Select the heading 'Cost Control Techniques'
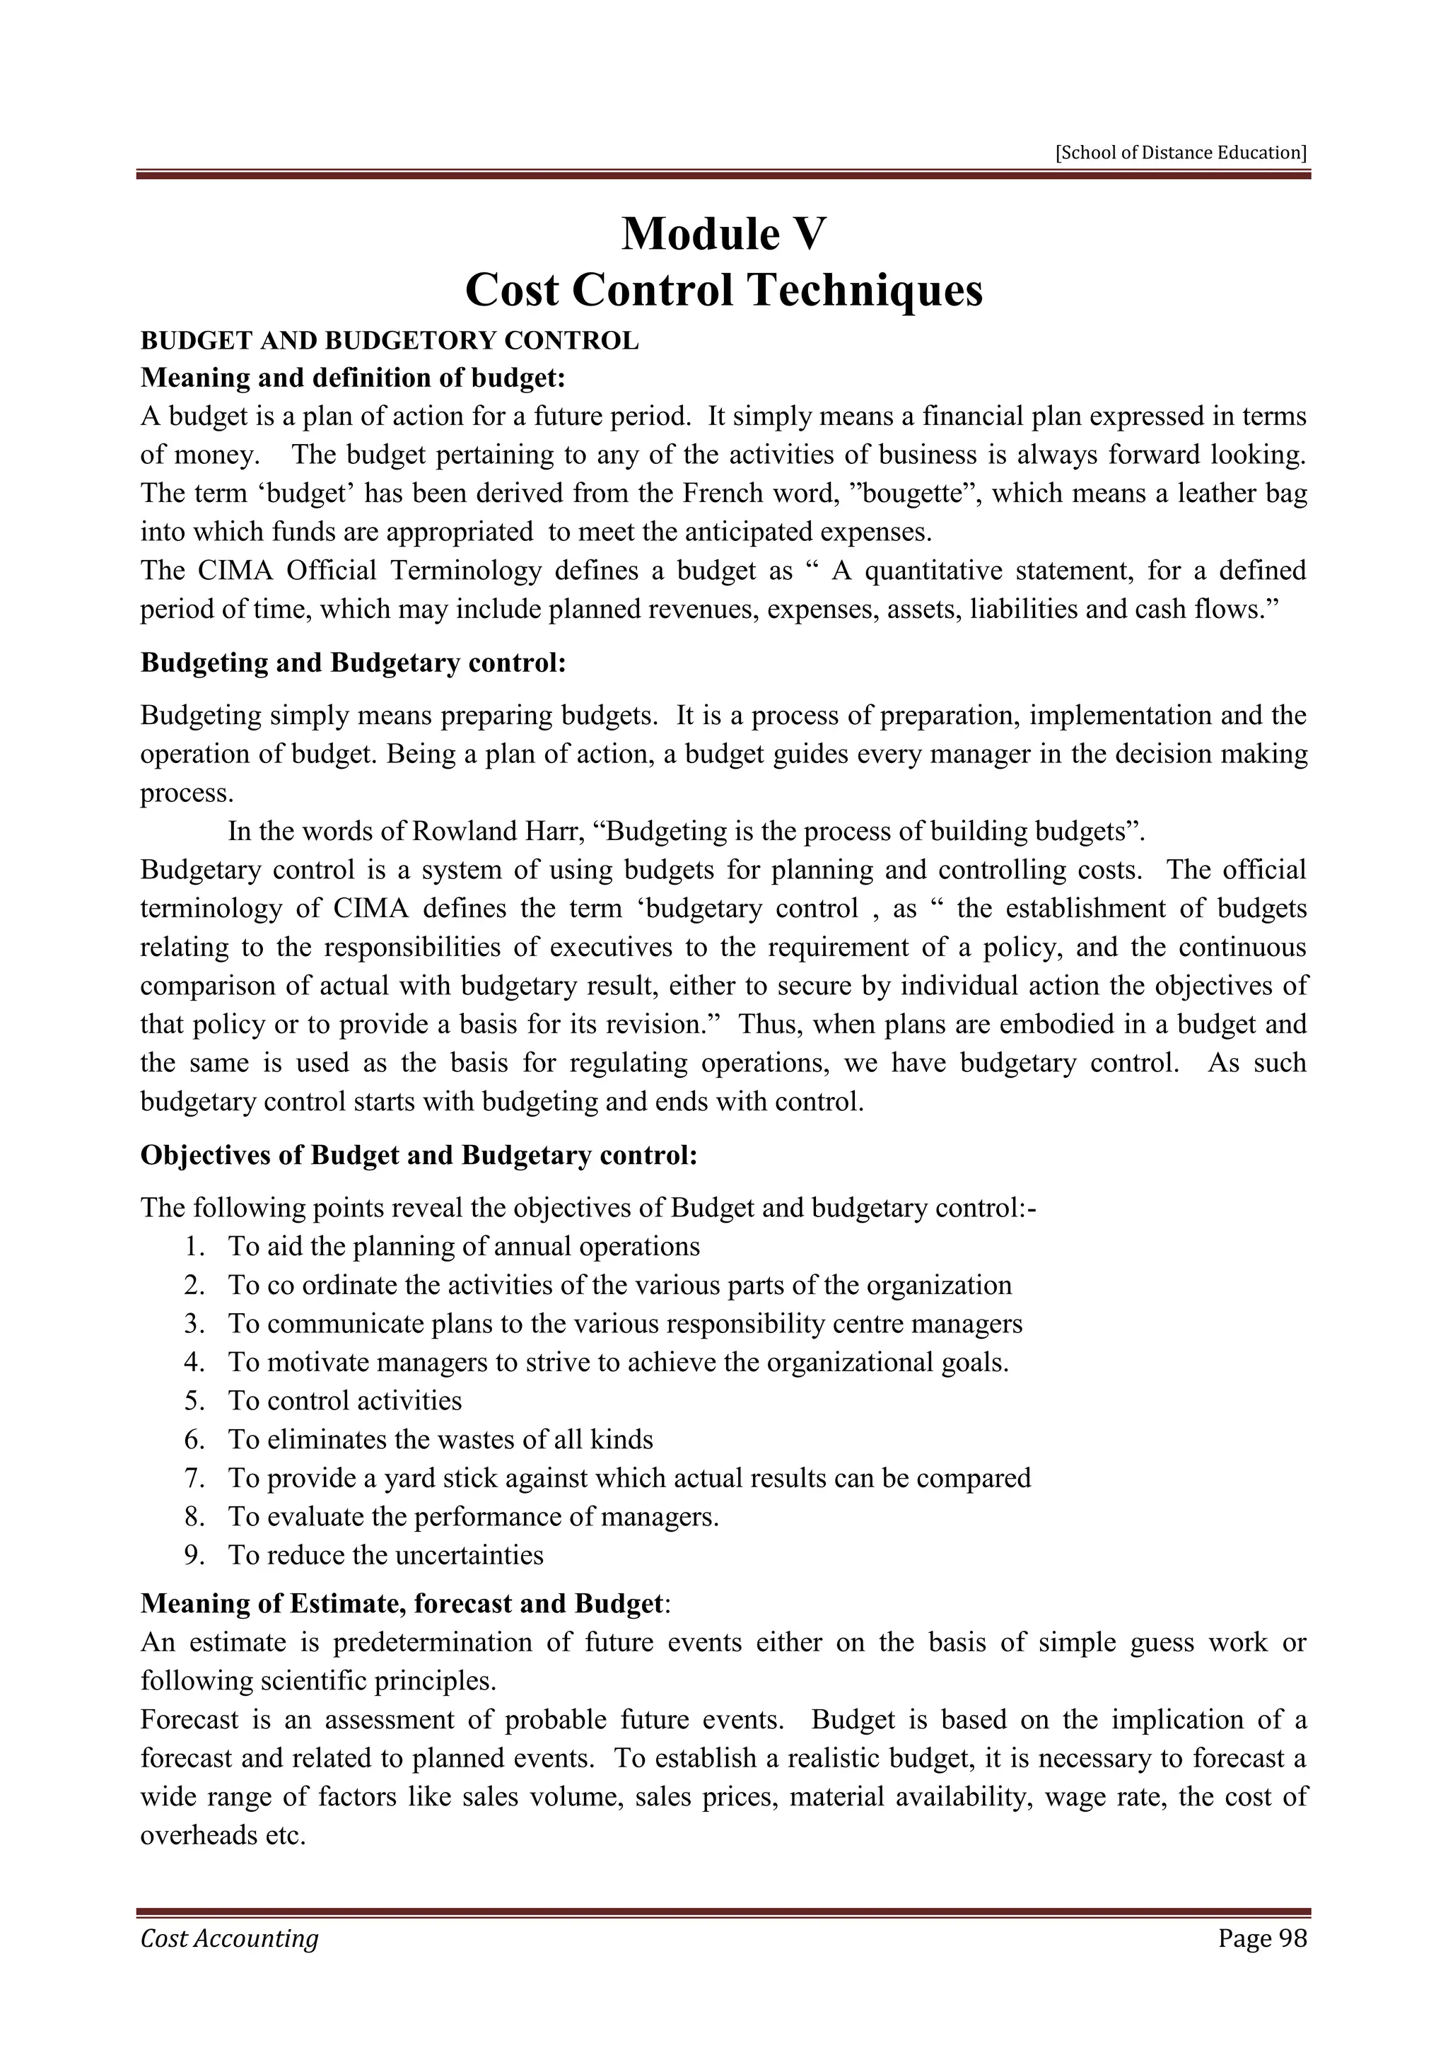[723, 291]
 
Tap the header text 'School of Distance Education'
[1181, 153]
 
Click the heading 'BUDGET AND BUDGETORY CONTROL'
[390, 341]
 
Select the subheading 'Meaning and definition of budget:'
[353, 378]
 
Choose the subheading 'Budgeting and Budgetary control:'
[353, 663]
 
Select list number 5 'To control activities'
[344, 1400]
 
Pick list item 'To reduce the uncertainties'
[385, 1554]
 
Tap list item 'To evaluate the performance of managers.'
[472, 1516]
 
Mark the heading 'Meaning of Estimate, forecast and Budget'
[402, 1604]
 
